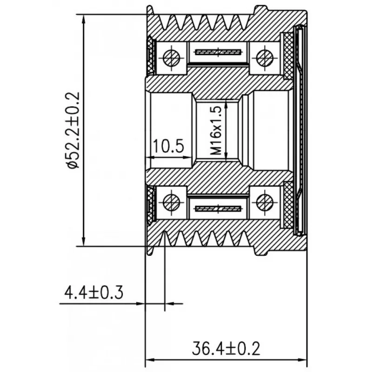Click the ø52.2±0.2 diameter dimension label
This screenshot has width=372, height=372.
[73, 130]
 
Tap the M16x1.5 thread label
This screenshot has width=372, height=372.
[216, 130]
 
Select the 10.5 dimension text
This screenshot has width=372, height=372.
[168, 146]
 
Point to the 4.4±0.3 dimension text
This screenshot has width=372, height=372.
[94, 292]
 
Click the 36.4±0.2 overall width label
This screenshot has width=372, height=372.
[226, 348]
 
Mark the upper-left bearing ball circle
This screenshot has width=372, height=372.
[172, 57]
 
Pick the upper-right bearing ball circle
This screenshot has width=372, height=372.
[265, 57]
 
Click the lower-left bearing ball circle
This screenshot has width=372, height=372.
[172, 202]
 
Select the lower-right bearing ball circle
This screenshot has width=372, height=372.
[265, 202]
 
